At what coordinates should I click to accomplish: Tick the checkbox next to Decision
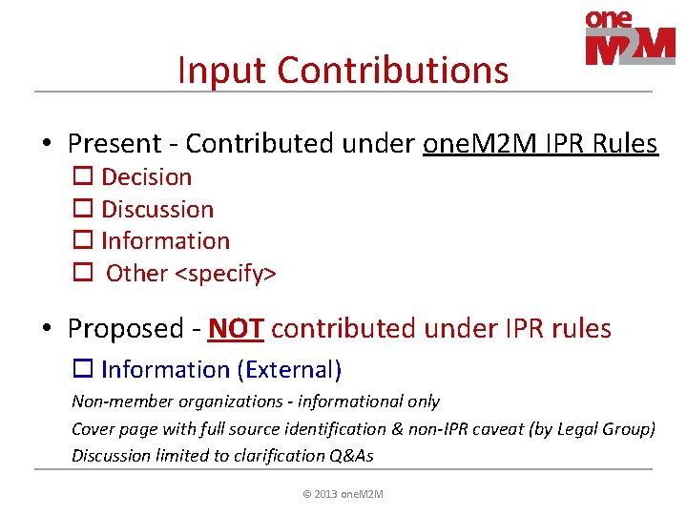pos(82,177)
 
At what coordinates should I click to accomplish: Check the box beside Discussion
pos(82,210)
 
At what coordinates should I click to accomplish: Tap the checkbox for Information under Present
pos(82,241)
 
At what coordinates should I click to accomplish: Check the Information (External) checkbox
pos(82,370)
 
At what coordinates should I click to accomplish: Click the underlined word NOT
pos(236,329)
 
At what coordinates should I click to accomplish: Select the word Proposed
pos(125,329)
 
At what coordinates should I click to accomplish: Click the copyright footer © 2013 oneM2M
pos(343,494)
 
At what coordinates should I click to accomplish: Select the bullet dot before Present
pos(46,145)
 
